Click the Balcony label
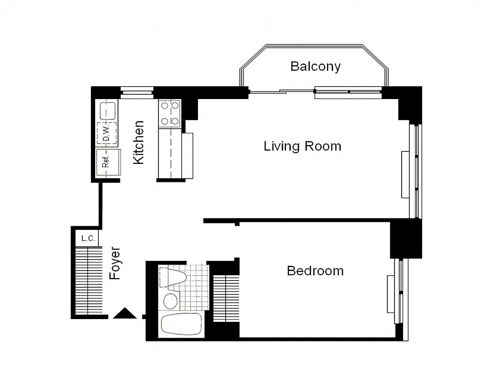tap(315, 66)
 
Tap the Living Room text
tap(302, 146)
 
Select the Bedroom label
tap(315, 271)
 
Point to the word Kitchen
tap(138, 142)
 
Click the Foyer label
tap(115, 263)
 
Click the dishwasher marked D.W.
tap(107, 133)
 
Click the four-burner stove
tap(170, 113)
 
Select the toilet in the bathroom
tap(174, 278)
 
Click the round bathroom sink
tap(170, 301)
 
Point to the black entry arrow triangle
tap(125, 313)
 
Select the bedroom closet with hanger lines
tap(226, 298)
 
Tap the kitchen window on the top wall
tap(137, 92)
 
